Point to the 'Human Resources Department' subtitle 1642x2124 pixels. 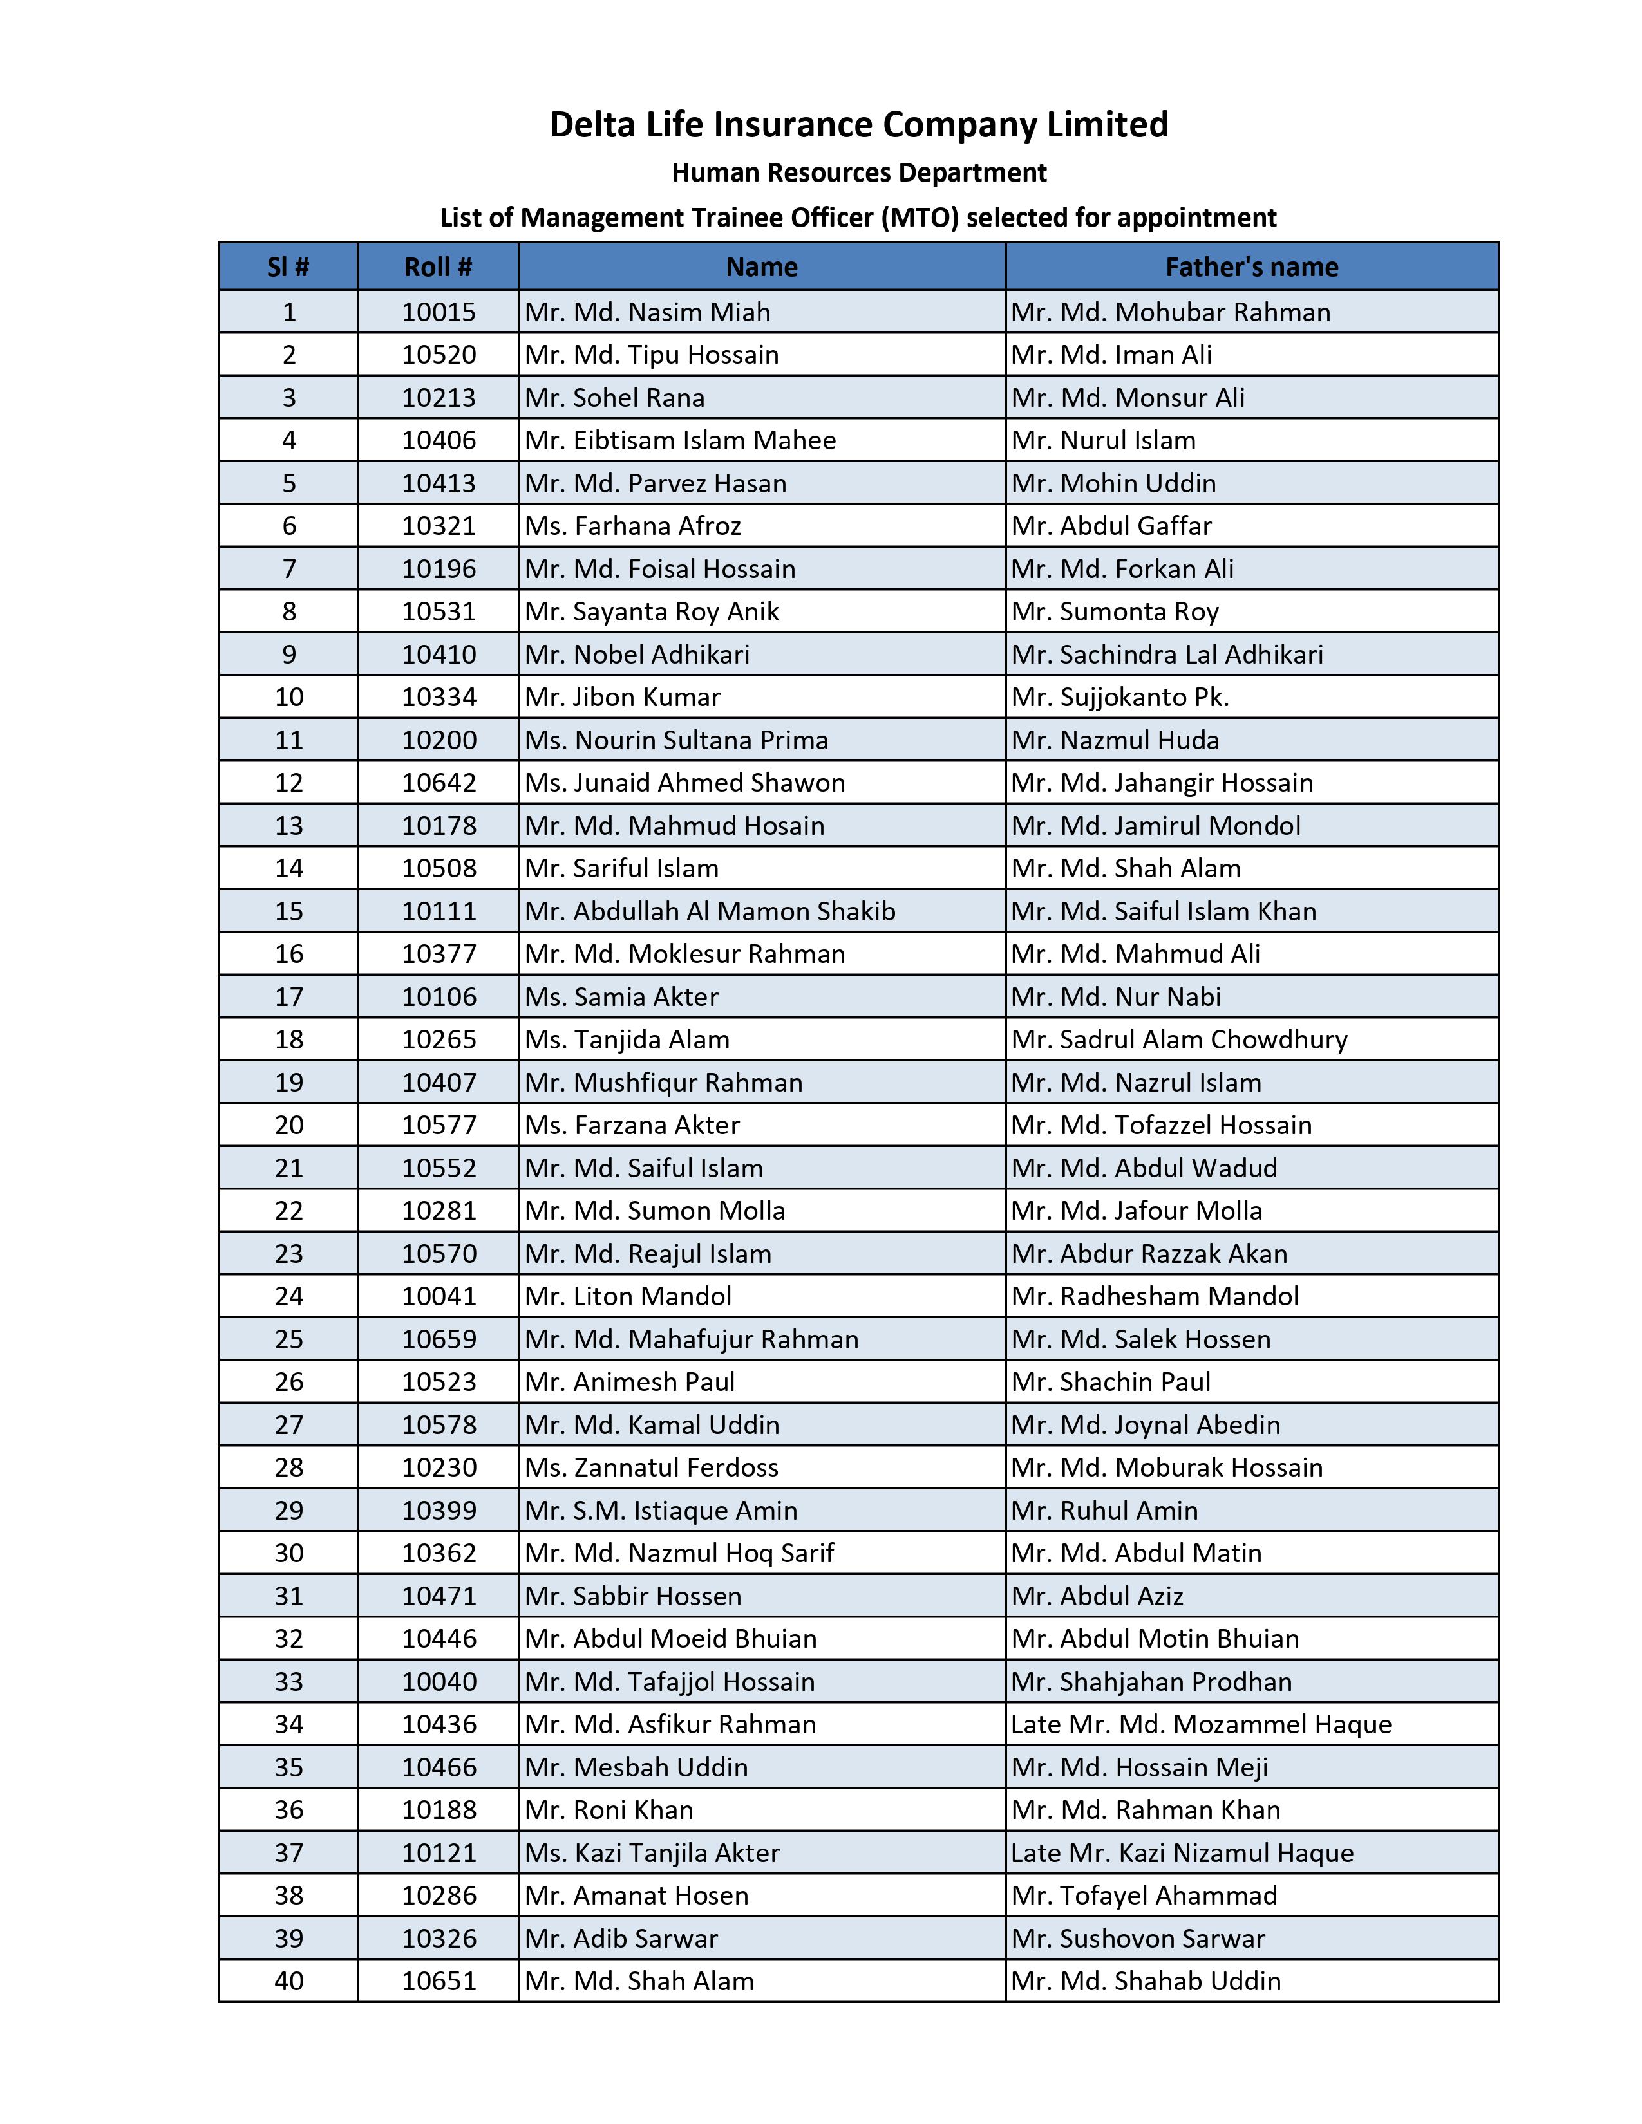click(x=859, y=173)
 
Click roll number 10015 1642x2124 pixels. click(x=439, y=312)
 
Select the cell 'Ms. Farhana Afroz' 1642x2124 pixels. click(x=632, y=526)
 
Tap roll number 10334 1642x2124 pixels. click(x=439, y=697)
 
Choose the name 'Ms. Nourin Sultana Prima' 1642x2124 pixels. click(x=676, y=740)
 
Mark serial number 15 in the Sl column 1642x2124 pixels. click(x=289, y=911)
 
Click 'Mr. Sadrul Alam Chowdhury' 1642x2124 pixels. click(x=1179, y=1039)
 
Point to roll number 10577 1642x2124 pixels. click(x=439, y=1125)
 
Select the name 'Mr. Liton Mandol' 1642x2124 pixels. click(x=628, y=1296)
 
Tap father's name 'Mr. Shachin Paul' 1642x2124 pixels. click(x=1111, y=1382)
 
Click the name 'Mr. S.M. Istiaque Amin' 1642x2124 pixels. click(x=661, y=1511)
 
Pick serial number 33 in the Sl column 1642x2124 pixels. click(x=289, y=1681)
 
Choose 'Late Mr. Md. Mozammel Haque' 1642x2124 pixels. click(x=1202, y=1724)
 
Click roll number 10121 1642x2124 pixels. click(x=439, y=1852)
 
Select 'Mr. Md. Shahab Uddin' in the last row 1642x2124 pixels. click(x=1146, y=1981)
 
